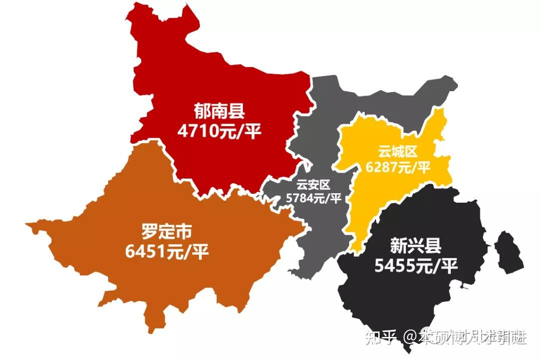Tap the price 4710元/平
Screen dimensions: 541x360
click(219, 131)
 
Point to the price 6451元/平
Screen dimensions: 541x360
click(167, 252)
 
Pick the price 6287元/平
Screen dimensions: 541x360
click(398, 167)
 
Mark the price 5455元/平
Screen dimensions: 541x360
click(416, 266)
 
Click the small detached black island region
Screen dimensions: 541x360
click(508, 254)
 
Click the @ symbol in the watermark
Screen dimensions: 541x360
click(412, 337)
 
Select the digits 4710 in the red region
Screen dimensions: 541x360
click(199, 131)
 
